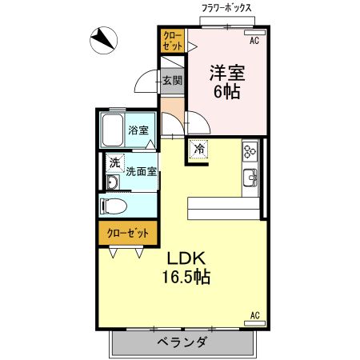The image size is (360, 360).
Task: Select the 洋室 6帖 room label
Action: (x=226, y=80)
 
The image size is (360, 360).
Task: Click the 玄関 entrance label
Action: (x=172, y=80)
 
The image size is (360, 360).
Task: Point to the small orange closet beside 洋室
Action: (x=172, y=40)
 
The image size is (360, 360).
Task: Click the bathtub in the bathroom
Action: (x=113, y=130)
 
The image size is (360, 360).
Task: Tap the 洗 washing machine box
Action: (x=114, y=163)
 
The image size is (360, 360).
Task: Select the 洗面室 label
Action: (x=141, y=170)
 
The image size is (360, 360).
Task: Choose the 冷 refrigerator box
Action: (x=198, y=148)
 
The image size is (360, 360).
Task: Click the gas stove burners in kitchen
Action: (x=250, y=150)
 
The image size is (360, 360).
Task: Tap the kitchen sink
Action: (x=250, y=177)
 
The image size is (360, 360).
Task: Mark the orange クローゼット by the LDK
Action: (x=128, y=233)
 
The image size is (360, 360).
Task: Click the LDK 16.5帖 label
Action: (x=188, y=268)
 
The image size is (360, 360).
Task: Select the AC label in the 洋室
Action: (x=254, y=39)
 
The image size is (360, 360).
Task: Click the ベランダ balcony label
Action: (x=182, y=342)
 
